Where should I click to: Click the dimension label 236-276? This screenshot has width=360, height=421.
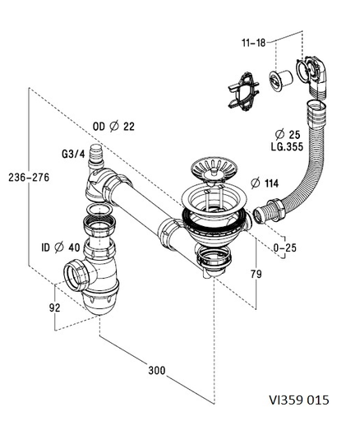29,178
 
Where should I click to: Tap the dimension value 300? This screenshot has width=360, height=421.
157,371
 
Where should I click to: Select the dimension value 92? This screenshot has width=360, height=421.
54,308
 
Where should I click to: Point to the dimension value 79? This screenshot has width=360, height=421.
256,274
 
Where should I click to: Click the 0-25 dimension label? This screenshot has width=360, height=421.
285,248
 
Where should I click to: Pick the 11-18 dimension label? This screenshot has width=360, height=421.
254,43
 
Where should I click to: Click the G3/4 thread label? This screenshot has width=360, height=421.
73,154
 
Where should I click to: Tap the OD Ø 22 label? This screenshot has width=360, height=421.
113,127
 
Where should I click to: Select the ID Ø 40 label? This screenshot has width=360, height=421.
61,248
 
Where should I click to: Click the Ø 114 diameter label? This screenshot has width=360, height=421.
265,183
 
